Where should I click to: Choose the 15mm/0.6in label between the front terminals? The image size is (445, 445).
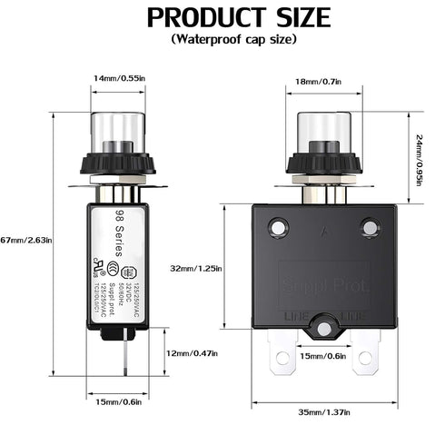(x=322, y=355)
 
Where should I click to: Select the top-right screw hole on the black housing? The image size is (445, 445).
(x=369, y=225)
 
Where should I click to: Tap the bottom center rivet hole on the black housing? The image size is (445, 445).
(x=323, y=324)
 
